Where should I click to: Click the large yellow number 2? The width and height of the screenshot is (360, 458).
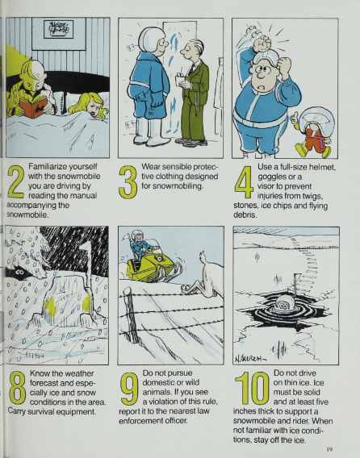[x=16, y=181]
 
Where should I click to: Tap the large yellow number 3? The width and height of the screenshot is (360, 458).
[x=128, y=182]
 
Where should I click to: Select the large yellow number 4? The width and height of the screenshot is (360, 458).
[x=244, y=182]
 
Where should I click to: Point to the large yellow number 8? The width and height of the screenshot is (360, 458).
[x=18, y=388]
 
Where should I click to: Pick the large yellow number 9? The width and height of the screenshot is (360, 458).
[x=129, y=389]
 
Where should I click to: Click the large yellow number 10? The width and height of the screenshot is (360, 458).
[x=252, y=388]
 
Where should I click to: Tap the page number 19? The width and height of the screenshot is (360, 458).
[x=329, y=449]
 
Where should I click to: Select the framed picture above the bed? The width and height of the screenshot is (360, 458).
[x=58, y=29]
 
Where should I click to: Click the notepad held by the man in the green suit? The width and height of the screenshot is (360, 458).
[x=180, y=80]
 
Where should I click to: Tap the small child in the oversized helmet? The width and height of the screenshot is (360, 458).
[x=313, y=131]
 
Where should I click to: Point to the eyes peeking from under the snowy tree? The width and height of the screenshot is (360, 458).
[x=20, y=272]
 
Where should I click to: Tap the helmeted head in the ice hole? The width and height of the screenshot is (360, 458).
[x=283, y=303]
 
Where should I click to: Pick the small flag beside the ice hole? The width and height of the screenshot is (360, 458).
[x=296, y=280]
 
